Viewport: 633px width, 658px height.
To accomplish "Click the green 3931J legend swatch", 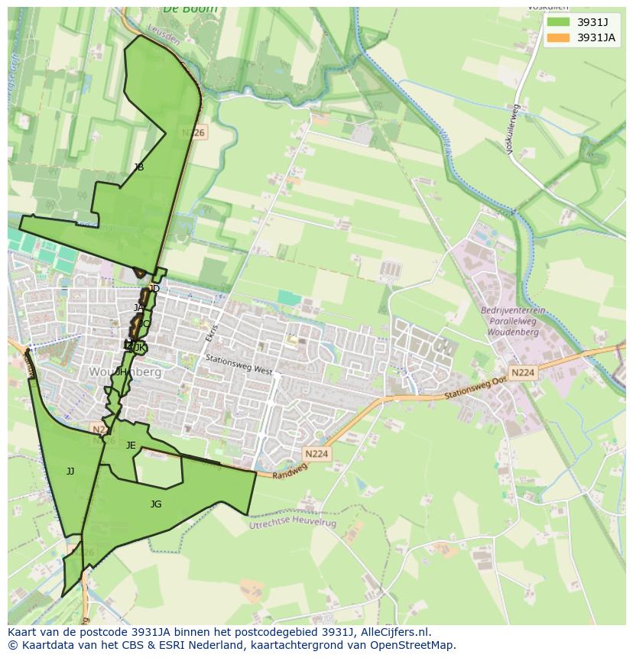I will [558, 22].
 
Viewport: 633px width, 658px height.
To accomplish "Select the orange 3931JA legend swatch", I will [558, 37].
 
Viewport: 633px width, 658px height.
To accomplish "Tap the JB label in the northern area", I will [138, 167].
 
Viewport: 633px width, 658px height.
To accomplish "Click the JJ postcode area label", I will [70, 472].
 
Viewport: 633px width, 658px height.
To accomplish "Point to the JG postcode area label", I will [156, 504].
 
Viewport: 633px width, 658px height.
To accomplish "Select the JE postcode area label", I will [131, 446].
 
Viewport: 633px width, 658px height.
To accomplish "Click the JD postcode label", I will [154, 289].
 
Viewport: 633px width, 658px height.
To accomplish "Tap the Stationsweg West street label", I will [239, 365].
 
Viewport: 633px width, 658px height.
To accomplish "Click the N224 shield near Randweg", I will [316, 454].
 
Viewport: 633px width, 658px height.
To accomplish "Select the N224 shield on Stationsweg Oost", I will [523, 373].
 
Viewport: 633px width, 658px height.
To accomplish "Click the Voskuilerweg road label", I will [513, 130].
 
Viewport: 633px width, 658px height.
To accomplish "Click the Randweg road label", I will [291, 472].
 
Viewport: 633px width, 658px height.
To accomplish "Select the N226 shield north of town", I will [193, 133].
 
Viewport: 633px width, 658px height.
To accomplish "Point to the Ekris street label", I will [212, 332].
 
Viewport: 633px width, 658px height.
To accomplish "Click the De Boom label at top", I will [190, 9].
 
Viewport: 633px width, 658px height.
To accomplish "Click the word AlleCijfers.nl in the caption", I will [395, 632].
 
